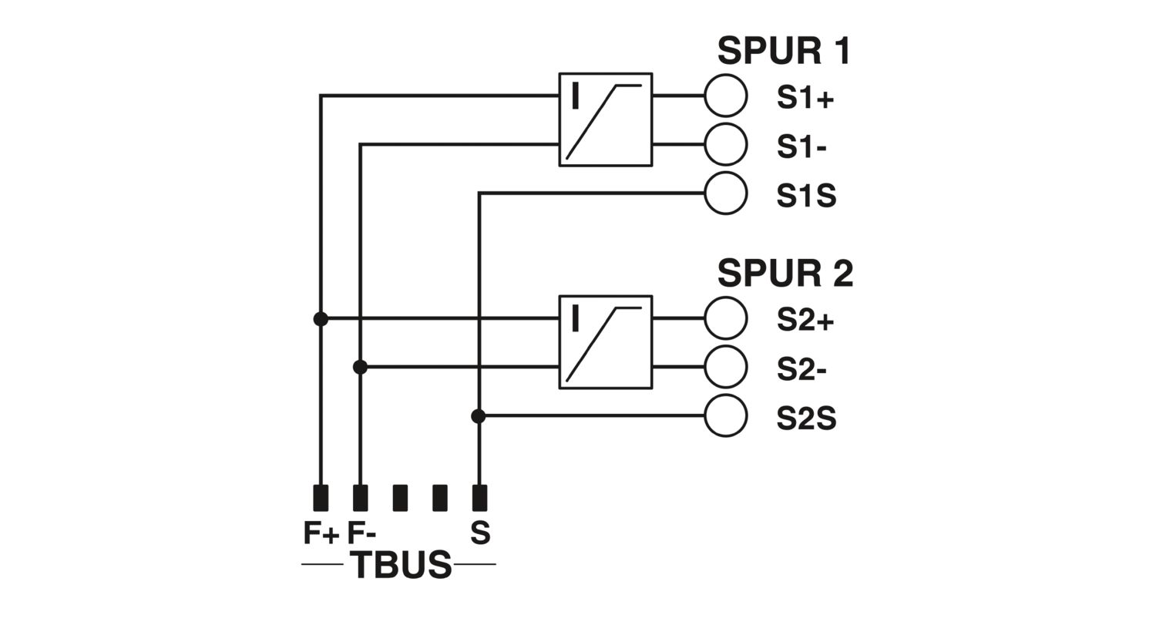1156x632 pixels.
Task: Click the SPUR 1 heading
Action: (x=784, y=51)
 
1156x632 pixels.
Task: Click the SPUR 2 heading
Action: (x=785, y=274)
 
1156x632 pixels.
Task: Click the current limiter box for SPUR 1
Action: (x=560, y=119)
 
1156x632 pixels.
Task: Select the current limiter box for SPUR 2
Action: (x=560, y=342)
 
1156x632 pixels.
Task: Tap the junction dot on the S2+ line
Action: (x=321, y=319)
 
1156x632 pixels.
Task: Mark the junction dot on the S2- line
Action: (x=360, y=368)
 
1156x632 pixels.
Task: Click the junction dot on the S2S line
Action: (x=479, y=416)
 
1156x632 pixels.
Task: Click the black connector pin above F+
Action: (x=321, y=498)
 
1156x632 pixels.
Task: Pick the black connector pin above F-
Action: (x=360, y=498)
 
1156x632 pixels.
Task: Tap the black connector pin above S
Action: (x=479, y=498)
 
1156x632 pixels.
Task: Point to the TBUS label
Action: (x=401, y=565)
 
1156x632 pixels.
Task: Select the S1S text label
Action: (x=806, y=196)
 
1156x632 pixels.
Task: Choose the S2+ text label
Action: (x=805, y=321)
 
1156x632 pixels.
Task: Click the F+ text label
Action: (x=321, y=533)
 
